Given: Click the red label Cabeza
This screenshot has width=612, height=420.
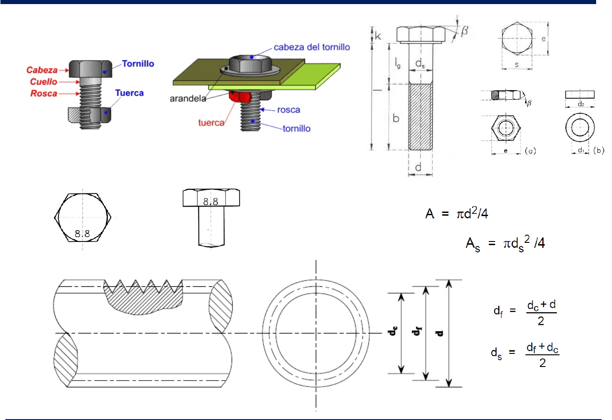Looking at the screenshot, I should [x=42, y=70].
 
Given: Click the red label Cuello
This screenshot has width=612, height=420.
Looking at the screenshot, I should [x=43, y=82].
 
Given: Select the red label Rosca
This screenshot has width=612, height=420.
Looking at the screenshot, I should [x=43, y=93].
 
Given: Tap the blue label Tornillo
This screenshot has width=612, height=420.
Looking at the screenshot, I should [x=138, y=64].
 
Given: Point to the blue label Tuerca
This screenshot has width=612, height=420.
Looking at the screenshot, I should [x=129, y=93].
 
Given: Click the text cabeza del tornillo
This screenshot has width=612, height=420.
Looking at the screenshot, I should [x=312, y=47].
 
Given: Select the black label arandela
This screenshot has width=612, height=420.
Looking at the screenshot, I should [x=188, y=98].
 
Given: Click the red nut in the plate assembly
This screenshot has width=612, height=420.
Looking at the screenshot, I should [x=240, y=97].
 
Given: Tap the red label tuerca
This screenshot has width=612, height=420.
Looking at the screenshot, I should [x=211, y=122].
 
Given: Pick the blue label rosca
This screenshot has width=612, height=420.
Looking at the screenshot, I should [x=289, y=110].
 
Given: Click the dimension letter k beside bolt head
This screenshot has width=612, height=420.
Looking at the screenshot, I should [x=378, y=36].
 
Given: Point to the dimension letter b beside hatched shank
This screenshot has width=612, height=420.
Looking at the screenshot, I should [x=396, y=118].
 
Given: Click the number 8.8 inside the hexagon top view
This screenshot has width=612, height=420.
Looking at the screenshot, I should [x=82, y=234].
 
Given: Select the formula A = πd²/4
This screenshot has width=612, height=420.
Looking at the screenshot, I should [x=457, y=213].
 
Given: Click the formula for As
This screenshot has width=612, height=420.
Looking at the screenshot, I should [x=505, y=244].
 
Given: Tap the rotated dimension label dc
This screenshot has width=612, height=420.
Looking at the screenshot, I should [x=393, y=331].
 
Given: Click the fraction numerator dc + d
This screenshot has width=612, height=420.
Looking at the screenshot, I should [x=541, y=305].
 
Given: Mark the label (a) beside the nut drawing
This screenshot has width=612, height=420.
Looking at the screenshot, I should [x=530, y=151].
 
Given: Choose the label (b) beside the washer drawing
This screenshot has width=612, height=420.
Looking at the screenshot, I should [x=599, y=150].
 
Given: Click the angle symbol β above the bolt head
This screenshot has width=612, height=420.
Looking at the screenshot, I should [x=464, y=31].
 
